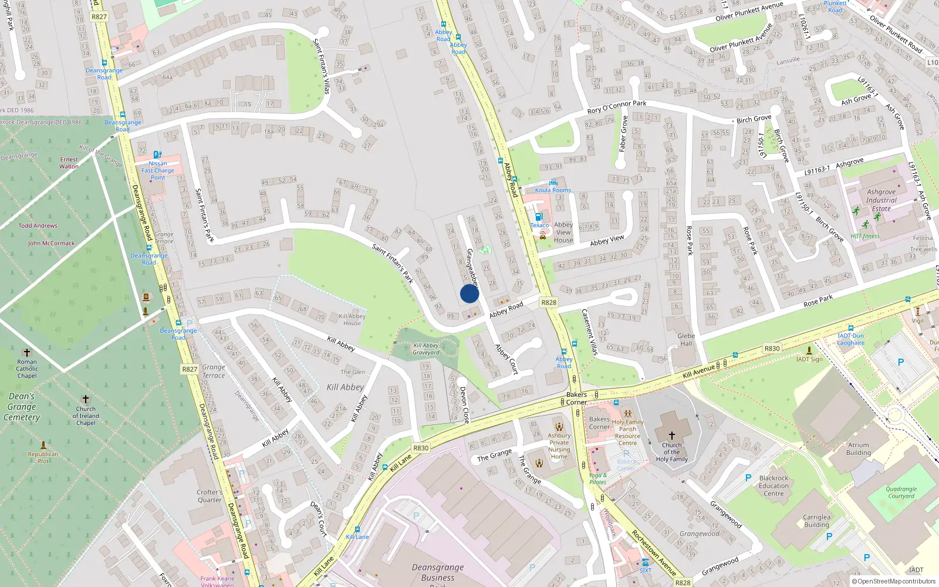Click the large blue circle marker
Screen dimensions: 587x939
click(x=469, y=293)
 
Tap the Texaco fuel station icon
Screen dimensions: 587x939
click(x=539, y=217)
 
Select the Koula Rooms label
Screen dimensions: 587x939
click(x=553, y=190)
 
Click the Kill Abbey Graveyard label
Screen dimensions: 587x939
click(x=426, y=349)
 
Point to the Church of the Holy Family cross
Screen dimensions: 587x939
click(x=672, y=436)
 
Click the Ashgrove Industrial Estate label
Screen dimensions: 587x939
click(x=881, y=200)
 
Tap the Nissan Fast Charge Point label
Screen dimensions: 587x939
click(x=158, y=170)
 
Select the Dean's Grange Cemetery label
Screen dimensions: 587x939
click(x=22, y=407)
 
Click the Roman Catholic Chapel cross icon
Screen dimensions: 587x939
click(x=27, y=353)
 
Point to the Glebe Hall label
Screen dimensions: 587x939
click(x=686, y=340)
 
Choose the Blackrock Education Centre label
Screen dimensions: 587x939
click(x=774, y=485)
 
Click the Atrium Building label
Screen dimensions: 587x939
click(x=858, y=449)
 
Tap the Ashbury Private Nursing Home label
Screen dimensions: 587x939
click(x=559, y=446)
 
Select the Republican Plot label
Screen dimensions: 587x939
click(x=43, y=457)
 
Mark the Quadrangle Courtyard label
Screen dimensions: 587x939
click(x=901, y=492)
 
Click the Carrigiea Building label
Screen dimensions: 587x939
click(x=816, y=521)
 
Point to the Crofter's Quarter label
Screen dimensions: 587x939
click(x=210, y=496)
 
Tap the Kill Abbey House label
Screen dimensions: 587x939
click(x=352, y=319)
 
